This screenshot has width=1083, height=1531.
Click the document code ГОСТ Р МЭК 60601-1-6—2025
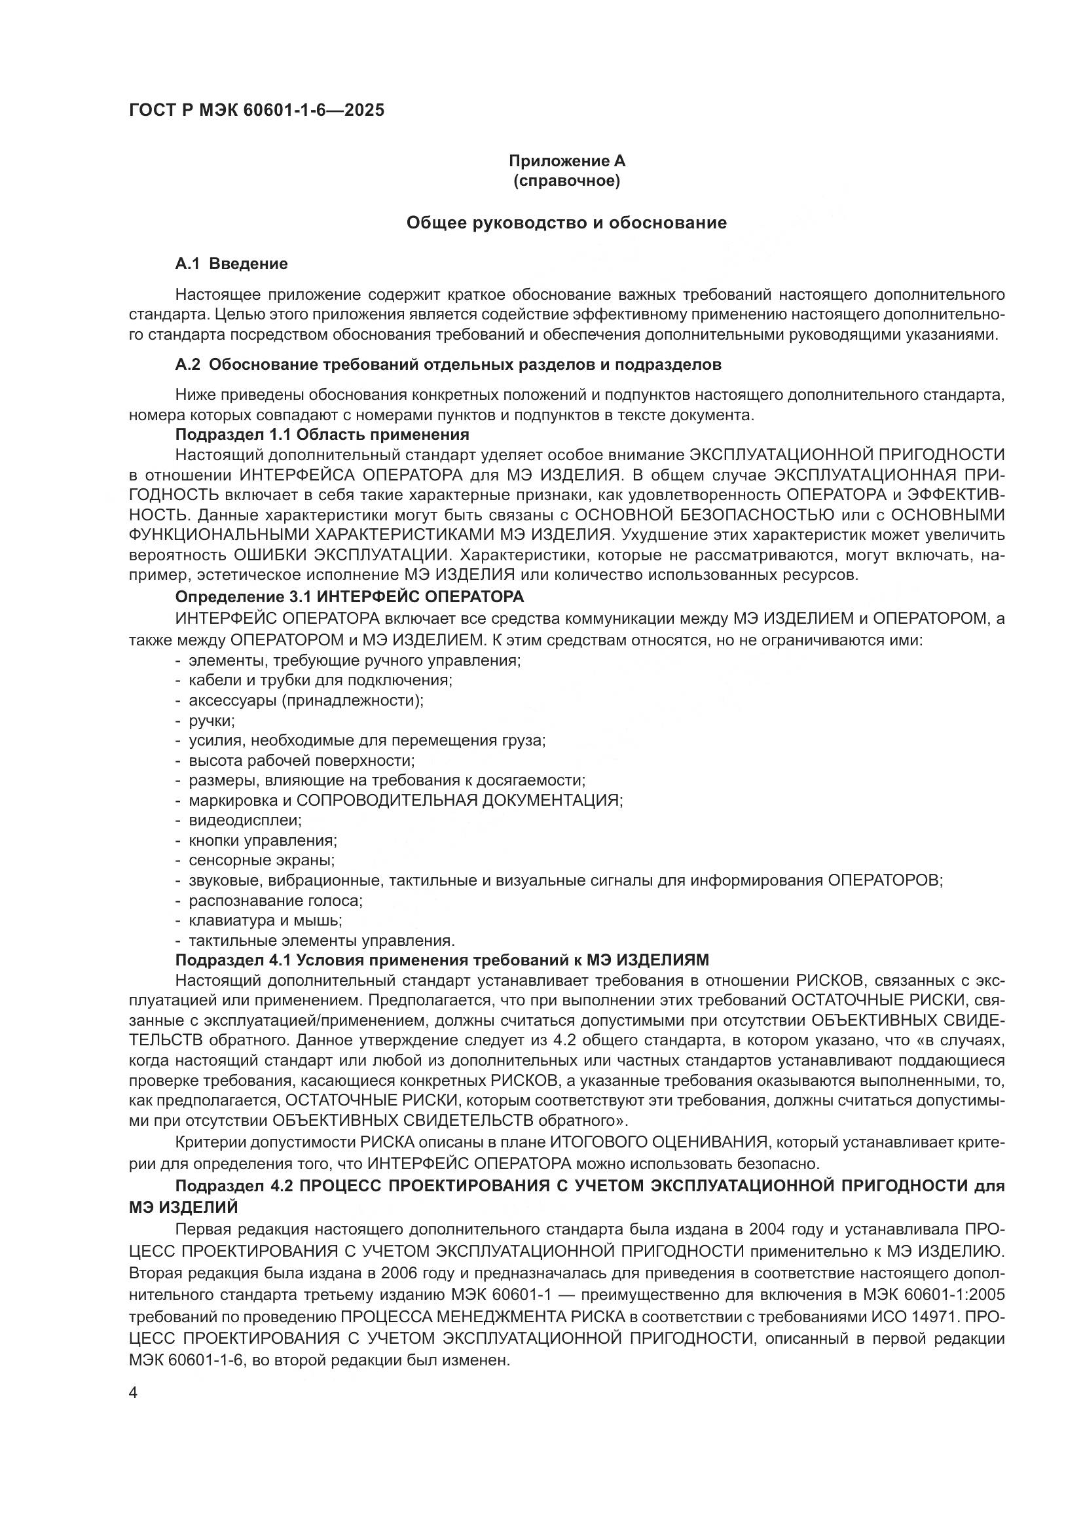257,111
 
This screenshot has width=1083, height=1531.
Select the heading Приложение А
567,161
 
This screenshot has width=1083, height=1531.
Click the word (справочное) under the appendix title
567,181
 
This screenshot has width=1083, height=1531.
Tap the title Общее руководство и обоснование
567,223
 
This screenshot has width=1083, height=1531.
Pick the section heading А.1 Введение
231,264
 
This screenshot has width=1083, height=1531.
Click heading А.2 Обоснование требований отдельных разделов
448,365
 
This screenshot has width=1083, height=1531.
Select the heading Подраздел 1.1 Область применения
322,435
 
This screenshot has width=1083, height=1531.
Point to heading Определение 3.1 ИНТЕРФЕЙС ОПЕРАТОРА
350,596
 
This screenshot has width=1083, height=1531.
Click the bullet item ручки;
211,720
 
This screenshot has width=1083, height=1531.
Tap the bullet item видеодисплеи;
245,820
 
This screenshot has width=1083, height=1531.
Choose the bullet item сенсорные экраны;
261,860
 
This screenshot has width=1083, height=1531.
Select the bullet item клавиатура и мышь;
265,920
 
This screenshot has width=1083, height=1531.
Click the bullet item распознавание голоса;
276,900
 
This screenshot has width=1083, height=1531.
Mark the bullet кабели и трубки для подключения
320,680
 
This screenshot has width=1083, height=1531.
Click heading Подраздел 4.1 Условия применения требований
441,960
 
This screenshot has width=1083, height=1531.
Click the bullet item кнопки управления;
263,840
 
